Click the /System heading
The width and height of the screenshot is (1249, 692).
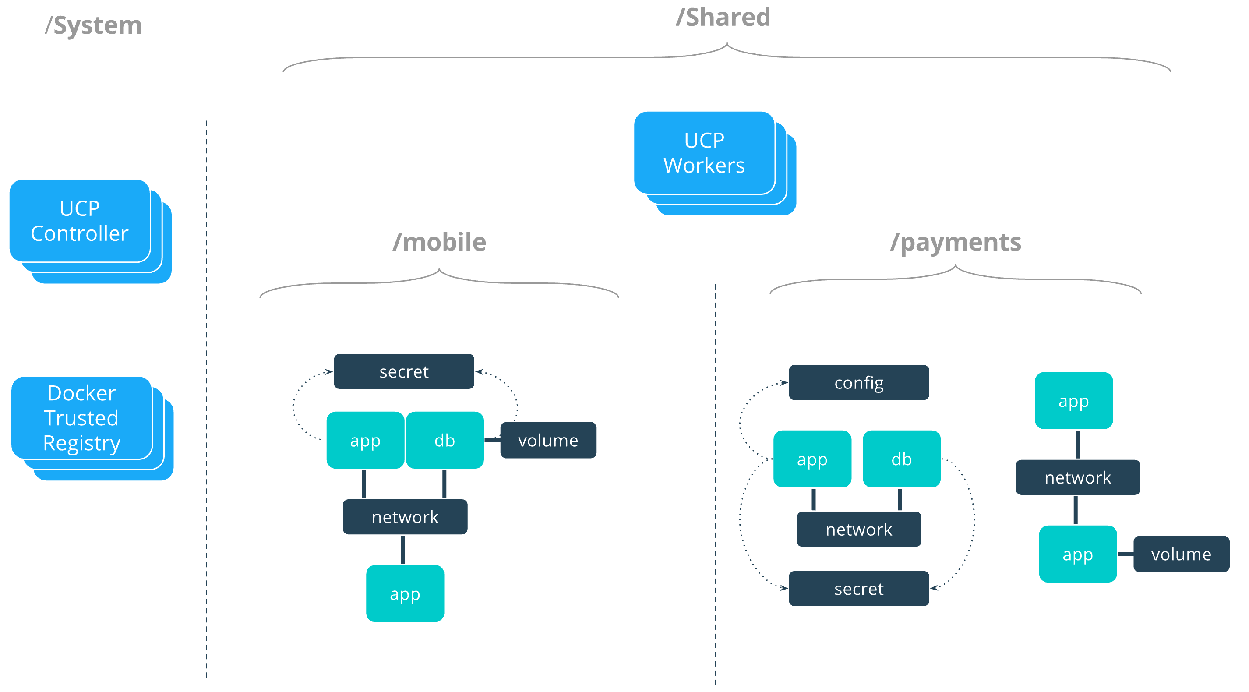pyautogui.click(x=93, y=25)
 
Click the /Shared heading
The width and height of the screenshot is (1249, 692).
pyautogui.click(x=723, y=18)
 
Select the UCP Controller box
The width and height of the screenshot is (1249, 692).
pyautogui.click(x=80, y=221)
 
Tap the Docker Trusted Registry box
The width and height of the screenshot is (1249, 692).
pyautogui.click(x=81, y=418)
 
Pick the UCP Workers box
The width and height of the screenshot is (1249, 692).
pyautogui.click(x=704, y=153)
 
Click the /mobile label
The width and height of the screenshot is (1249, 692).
pyautogui.click(x=439, y=242)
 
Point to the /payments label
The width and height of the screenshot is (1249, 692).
pyautogui.click(x=956, y=242)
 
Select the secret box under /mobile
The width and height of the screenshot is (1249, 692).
pyautogui.click(x=404, y=371)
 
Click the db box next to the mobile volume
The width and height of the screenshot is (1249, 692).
pyautogui.click(x=445, y=440)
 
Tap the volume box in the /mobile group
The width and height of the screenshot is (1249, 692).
pyautogui.click(x=548, y=440)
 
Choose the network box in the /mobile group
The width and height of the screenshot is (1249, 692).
pyautogui.click(x=405, y=517)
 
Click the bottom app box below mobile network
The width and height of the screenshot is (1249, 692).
pyautogui.click(x=405, y=593)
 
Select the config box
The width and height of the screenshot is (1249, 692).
pyautogui.click(x=859, y=383)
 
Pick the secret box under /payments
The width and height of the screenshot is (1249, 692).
pyautogui.click(x=859, y=589)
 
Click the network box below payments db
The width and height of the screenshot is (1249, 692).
pyautogui.click(x=859, y=529)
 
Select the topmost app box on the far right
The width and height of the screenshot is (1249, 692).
pyautogui.click(x=1073, y=401)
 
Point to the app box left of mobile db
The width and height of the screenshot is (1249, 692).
pyautogui.click(x=365, y=440)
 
